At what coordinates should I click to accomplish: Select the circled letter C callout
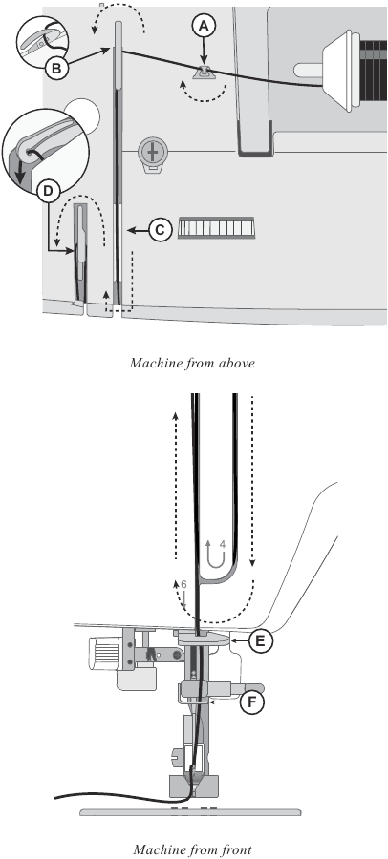point(160,229)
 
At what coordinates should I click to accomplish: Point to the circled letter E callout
point(257,640)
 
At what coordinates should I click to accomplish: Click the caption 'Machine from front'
point(195,849)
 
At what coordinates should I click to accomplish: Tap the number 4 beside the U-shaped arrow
point(222,544)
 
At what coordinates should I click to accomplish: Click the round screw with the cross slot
point(150,150)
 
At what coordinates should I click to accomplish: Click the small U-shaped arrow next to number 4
point(209,553)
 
